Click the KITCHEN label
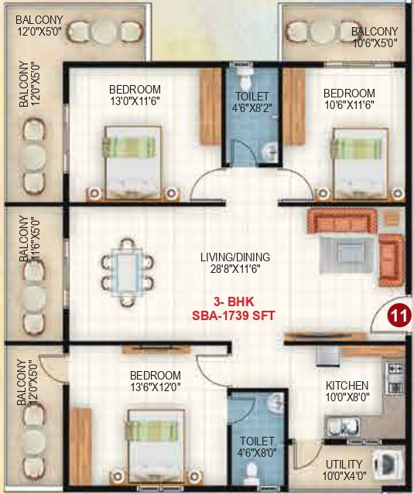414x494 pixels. coord(347,385)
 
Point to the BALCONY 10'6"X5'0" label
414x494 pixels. coord(374,37)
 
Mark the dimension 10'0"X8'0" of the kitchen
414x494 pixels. coord(347,398)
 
